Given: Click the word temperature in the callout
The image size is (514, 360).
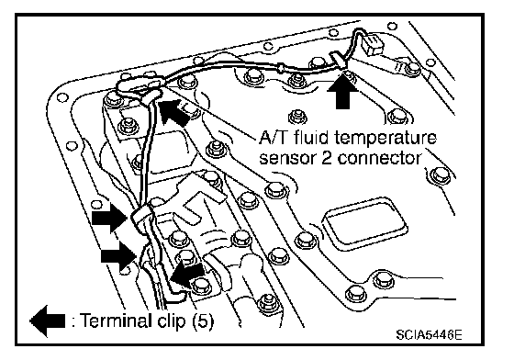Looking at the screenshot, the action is (x=385, y=139).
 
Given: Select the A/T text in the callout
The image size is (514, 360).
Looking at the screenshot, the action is (x=274, y=138).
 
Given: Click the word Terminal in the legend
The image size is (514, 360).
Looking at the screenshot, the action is (x=114, y=320).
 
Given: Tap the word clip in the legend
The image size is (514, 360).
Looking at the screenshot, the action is (x=167, y=321).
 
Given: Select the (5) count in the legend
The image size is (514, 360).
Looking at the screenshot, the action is (x=201, y=321).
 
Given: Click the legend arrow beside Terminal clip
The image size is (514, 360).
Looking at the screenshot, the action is (x=48, y=321).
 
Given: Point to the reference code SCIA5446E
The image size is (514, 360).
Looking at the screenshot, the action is (x=429, y=335).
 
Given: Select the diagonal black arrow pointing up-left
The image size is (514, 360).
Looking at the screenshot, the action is (x=174, y=112).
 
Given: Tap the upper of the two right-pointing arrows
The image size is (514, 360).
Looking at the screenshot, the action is (x=109, y=218).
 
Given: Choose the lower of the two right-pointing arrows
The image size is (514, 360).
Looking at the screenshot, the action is (x=118, y=255).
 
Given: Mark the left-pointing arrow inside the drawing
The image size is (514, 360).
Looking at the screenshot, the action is (x=187, y=274).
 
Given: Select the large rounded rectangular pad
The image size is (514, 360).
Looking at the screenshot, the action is (x=363, y=222).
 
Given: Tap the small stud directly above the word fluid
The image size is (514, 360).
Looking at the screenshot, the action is (x=297, y=116).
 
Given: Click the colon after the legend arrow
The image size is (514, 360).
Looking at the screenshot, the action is (x=73, y=321).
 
